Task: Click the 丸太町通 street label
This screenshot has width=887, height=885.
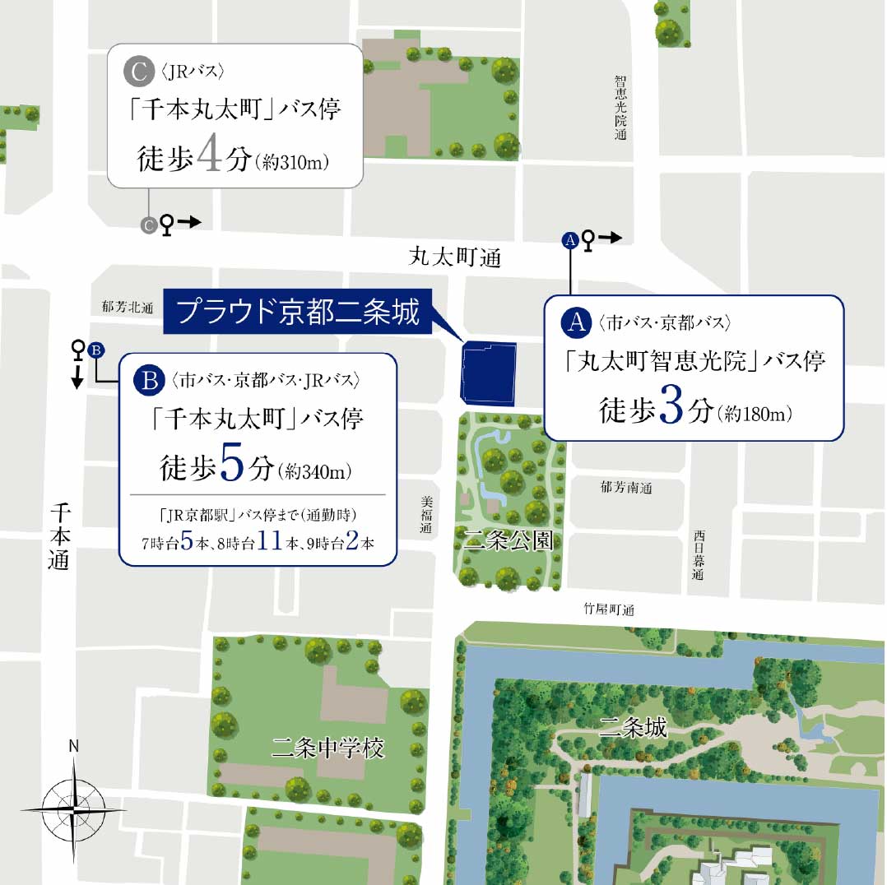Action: [x=454, y=258]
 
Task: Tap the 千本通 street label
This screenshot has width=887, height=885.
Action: [x=59, y=537]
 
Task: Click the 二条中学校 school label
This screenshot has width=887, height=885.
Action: [x=327, y=748]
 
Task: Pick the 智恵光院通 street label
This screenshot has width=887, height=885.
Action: [x=620, y=107]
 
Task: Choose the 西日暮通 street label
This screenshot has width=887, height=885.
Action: [x=698, y=554]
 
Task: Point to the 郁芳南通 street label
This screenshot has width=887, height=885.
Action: [x=627, y=487]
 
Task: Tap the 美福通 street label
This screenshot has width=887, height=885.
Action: [x=425, y=515]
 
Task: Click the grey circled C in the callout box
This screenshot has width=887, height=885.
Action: [x=137, y=71]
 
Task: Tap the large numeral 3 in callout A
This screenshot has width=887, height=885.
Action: [x=671, y=408]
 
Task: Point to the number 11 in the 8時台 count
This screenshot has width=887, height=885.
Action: [x=266, y=543]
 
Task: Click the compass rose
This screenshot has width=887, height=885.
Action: [x=74, y=807]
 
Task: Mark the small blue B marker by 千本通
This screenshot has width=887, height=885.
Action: [x=95, y=350]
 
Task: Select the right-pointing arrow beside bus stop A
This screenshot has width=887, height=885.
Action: [x=610, y=239]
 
